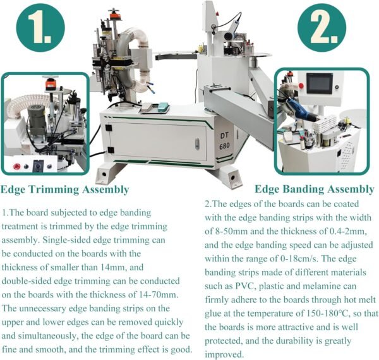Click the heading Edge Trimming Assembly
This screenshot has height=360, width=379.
[x=65, y=189]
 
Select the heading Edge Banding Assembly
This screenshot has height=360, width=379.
[x=314, y=189]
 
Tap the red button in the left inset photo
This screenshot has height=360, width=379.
[x=17, y=166]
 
